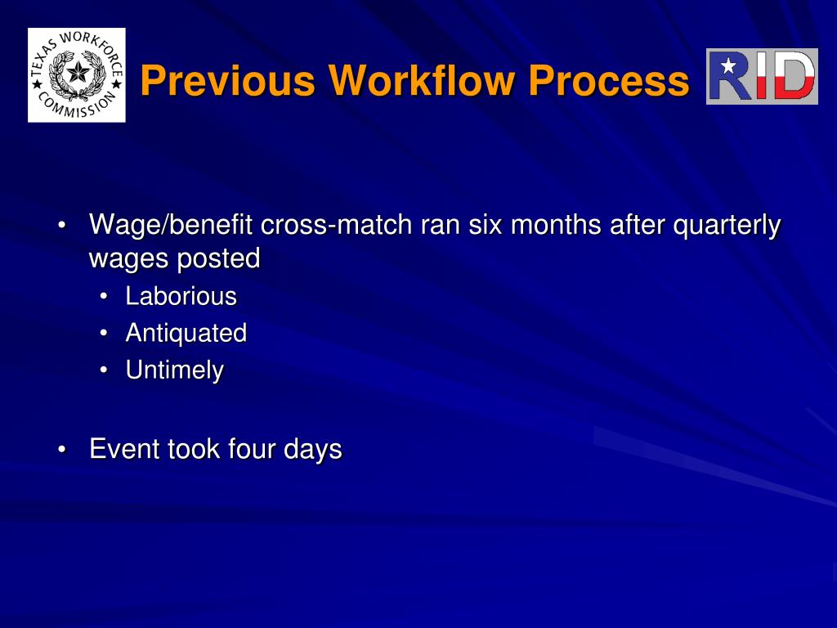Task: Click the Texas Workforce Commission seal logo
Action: click(77, 75)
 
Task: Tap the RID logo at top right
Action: click(762, 76)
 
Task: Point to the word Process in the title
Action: click(607, 81)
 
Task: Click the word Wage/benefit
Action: click(171, 225)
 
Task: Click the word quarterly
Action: click(727, 225)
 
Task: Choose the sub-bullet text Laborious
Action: click(181, 296)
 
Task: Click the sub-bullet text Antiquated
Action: click(186, 333)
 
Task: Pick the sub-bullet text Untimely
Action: click(174, 370)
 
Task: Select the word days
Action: click(312, 449)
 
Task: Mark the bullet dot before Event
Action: click(63, 450)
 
